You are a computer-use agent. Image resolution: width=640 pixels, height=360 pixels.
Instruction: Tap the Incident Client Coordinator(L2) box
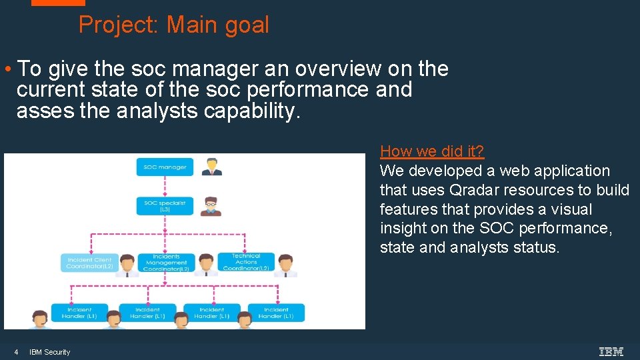click(89, 263)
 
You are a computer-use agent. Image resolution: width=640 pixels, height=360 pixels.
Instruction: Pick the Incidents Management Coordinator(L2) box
click(166, 263)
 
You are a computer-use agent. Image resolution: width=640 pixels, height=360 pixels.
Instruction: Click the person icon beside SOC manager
click(212, 167)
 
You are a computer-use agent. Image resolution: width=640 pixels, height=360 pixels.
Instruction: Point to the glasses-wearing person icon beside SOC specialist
click(212, 205)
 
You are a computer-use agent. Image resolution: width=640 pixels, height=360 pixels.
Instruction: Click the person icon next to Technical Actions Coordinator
click(287, 264)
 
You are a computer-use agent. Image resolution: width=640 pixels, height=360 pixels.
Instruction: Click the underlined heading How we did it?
click(432, 151)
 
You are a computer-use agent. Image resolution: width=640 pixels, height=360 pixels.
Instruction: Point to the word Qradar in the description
click(473, 190)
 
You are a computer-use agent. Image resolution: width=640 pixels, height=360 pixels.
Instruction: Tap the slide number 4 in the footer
click(16, 352)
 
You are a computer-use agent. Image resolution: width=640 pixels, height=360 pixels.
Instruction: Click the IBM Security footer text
click(49, 352)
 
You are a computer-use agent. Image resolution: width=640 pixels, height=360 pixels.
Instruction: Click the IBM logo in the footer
click(611, 351)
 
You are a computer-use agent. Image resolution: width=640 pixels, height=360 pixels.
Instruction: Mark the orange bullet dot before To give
click(6, 69)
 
